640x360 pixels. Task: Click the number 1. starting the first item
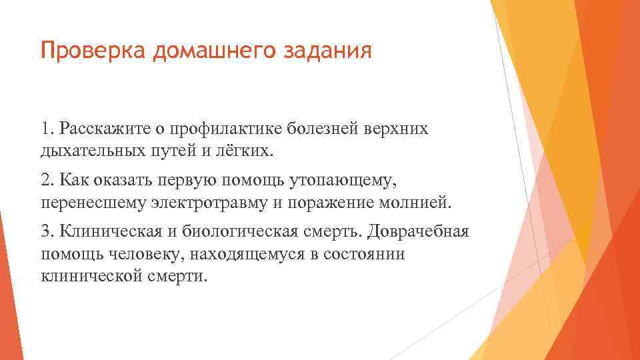click(x=47, y=127)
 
